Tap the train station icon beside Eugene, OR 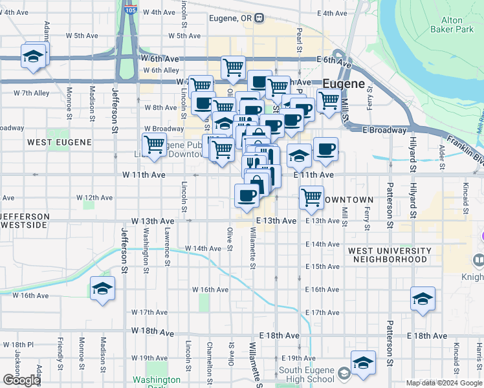[259, 18]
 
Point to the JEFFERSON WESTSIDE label [24, 220]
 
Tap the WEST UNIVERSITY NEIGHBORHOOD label [390, 255]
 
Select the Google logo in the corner [21, 380]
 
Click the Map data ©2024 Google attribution [443, 383]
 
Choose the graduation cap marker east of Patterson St [423, 298]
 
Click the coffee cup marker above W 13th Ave [247, 195]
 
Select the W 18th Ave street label [152, 332]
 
